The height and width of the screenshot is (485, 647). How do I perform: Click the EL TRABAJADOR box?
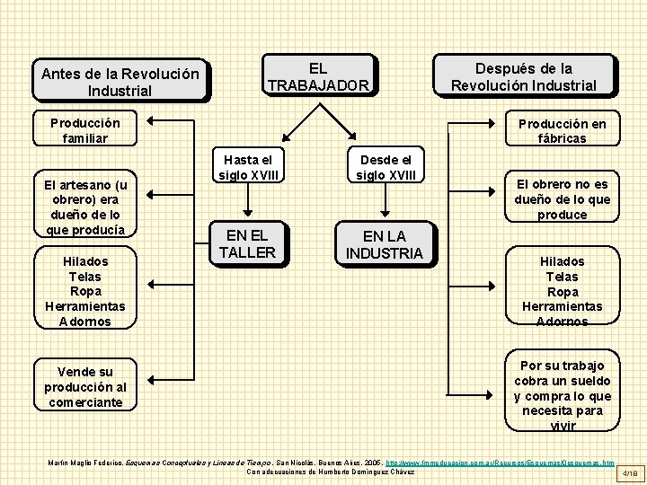pyautogui.click(x=318, y=76)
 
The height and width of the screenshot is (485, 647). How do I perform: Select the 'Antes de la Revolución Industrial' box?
pyautogui.click(x=120, y=82)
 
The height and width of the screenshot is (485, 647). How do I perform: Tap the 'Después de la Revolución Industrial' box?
pyautogui.click(x=523, y=76)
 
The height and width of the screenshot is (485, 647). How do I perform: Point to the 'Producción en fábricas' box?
pyautogui.click(x=562, y=131)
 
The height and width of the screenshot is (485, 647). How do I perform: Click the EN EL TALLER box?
pyautogui.click(x=247, y=244)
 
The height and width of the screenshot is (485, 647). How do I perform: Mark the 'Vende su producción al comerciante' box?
pyautogui.click(x=85, y=387)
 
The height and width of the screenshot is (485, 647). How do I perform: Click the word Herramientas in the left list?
pyautogui.click(x=85, y=306)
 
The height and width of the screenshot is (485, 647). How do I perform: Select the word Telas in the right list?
pyautogui.click(x=562, y=277)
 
